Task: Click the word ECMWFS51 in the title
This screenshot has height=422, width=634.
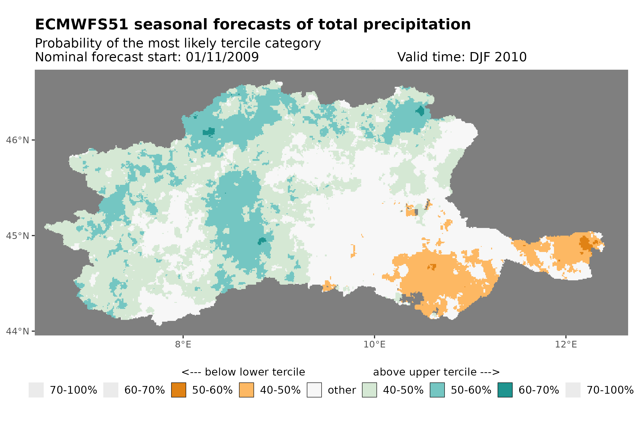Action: point(81,25)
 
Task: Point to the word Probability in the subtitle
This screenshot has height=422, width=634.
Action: point(69,43)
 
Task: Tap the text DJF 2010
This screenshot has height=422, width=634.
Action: point(498,57)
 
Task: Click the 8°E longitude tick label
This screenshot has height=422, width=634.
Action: point(183,344)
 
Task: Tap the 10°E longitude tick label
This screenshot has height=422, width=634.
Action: point(374,344)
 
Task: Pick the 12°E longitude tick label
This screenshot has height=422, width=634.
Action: point(565,344)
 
